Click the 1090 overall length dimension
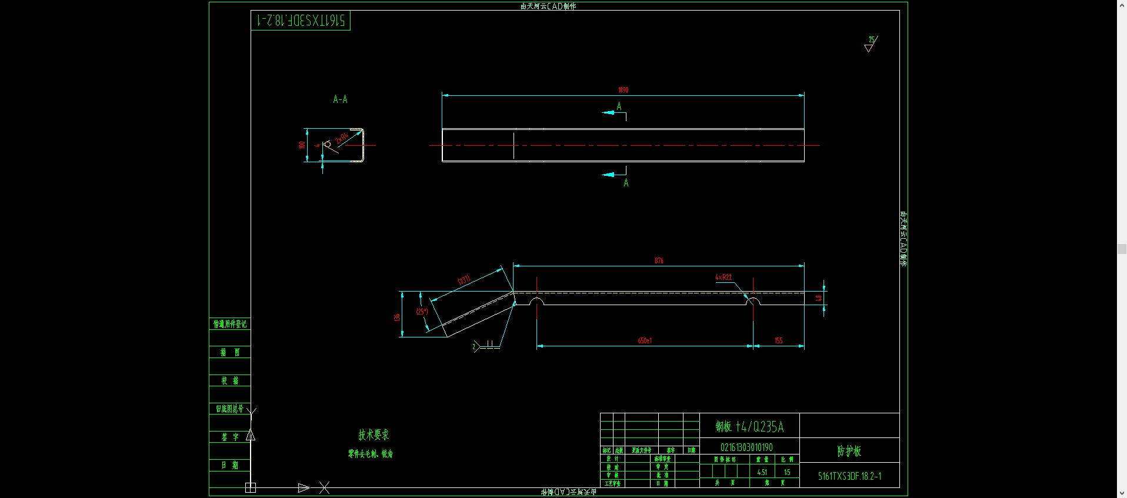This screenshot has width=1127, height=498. coord(623,90)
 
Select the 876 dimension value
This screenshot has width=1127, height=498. coord(659,260)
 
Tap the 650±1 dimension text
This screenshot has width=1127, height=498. coord(645,340)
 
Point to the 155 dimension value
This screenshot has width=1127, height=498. coord(778,340)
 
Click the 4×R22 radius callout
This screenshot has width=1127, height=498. coord(723,277)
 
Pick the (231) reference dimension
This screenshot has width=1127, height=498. coord(464,280)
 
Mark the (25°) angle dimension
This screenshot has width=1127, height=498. coord(422,312)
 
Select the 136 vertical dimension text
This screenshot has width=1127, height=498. coord(397,317)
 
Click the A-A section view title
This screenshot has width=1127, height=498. coord(340,99)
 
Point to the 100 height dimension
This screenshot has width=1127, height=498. coord(302,145)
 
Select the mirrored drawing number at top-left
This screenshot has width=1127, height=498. coord(301,21)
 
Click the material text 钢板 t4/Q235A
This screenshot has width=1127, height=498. coord(749,426)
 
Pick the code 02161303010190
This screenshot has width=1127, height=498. coord(746,447)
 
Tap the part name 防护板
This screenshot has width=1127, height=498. coord(849,451)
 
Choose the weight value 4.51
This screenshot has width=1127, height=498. coord(762,472)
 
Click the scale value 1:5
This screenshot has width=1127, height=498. coord(787,472)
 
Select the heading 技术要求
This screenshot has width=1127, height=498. coord(374,435)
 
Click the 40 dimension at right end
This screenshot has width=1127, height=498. coord(818,298)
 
